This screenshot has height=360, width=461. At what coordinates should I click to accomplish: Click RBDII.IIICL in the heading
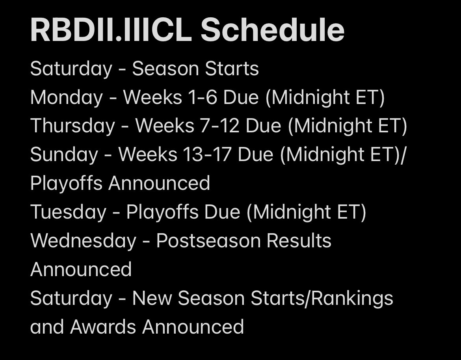pos(111,30)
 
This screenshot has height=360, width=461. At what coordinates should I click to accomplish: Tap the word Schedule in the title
pos(272,30)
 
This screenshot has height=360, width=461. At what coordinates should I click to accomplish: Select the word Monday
pos(67,98)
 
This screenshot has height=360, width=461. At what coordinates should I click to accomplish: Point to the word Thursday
pos(72,126)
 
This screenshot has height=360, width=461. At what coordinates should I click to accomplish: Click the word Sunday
pos(64,155)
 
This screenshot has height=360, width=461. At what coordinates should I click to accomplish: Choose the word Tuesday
pos(68,212)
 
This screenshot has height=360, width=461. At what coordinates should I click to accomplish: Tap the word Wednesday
pos(84,241)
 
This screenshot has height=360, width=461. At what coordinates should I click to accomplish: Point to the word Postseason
pos(208,241)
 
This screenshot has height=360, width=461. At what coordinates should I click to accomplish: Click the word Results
pos(299,241)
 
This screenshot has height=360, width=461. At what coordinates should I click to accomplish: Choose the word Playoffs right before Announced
pos(67,184)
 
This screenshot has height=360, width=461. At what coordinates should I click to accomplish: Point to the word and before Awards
pos(47,327)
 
